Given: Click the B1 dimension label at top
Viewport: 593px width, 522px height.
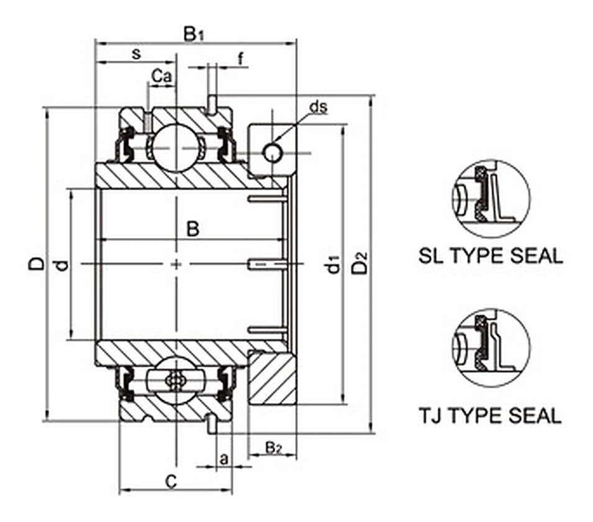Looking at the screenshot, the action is pyautogui.click(x=194, y=34).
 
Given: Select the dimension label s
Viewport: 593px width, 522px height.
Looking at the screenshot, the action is pyautogui.click(x=136, y=54).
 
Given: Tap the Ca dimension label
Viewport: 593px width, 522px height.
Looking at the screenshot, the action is pyautogui.click(x=161, y=76).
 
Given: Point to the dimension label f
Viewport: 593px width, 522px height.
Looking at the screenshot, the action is pyautogui.click(x=240, y=59).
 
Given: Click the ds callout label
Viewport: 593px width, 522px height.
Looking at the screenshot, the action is pyautogui.click(x=318, y=107).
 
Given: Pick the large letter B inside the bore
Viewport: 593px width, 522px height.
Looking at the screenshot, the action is pyautogui.click(x=193, y=229).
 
